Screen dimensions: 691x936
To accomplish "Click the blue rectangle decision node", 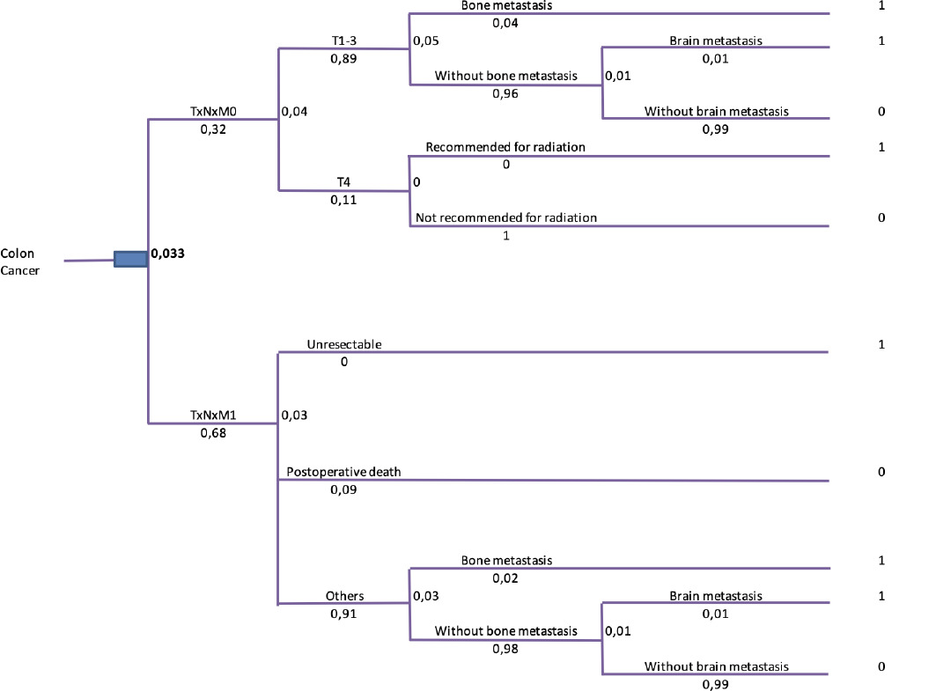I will (130, 258).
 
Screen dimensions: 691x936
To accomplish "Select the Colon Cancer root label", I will (18, 261).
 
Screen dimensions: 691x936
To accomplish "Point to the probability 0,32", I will (212, 129).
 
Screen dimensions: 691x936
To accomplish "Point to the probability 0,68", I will (212, 432).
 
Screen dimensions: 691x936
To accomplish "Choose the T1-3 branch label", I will (343, 40).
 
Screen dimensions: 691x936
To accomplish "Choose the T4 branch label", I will (343, 182).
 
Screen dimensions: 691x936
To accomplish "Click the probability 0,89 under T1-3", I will (343, 58).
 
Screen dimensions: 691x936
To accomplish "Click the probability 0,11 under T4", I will (343, 200).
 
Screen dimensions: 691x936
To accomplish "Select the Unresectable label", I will (344, 344).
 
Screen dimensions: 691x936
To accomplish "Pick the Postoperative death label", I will (343, 472).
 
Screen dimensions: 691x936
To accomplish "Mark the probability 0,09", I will (343, 489).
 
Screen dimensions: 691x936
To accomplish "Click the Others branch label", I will (344, 596).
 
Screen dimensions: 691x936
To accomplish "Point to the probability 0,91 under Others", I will (343, 614).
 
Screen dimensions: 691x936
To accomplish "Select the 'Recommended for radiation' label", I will (505, 147).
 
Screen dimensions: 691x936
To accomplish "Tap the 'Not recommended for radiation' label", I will (506, 217).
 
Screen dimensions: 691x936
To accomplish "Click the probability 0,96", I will (505, 93).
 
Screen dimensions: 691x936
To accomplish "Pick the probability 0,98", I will (505, 649).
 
